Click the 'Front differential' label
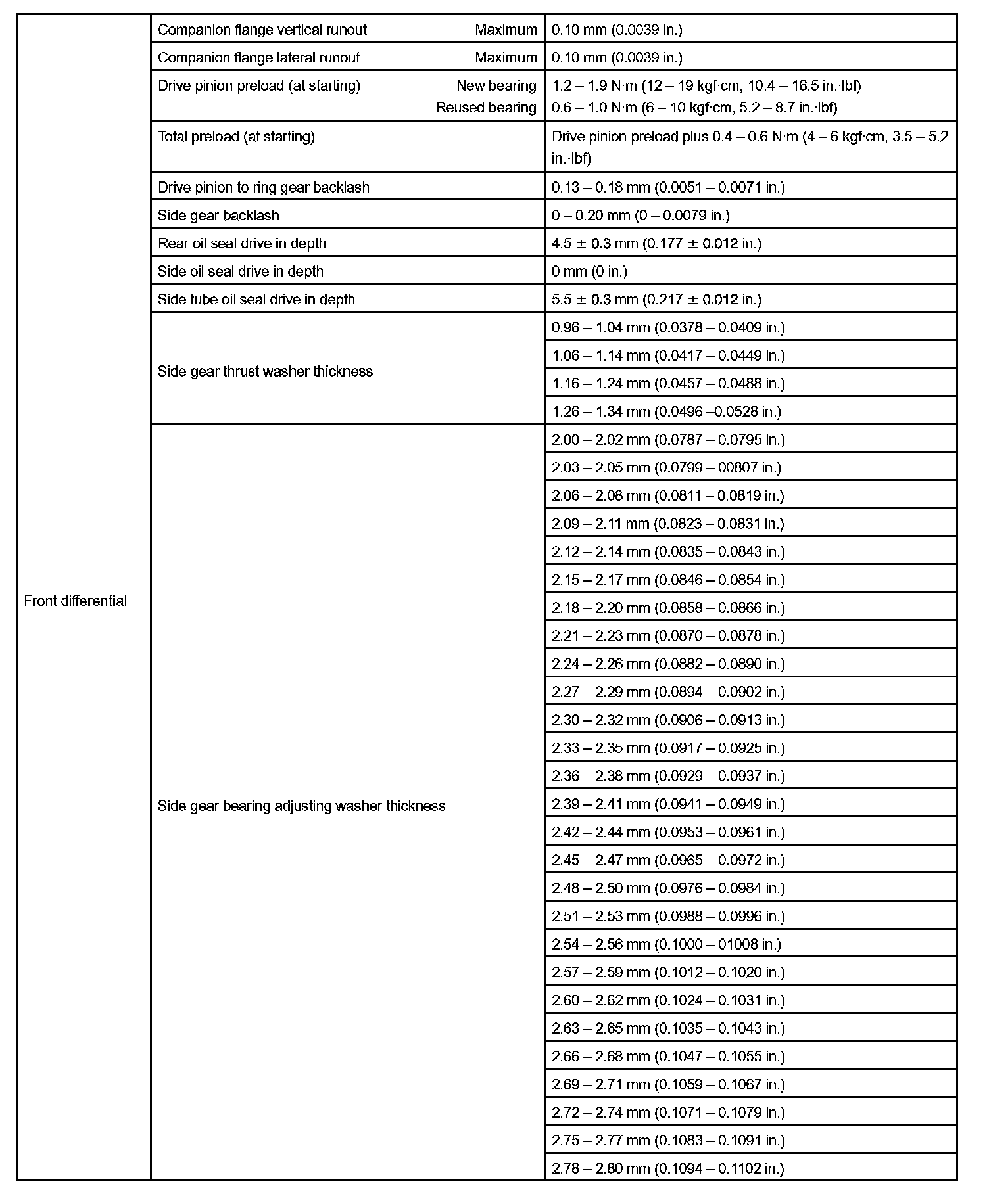point(75,601)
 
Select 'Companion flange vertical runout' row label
point(262,30)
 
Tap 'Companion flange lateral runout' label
point(258,58)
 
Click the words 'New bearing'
point(496,86)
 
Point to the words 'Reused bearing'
point(486,108)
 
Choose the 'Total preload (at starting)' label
point(236,137)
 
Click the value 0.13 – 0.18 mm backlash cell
point(668,187)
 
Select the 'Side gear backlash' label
point(218,216)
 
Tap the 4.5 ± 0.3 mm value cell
point(656,244)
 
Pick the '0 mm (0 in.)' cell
point(589,271)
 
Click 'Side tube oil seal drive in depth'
point(256,300)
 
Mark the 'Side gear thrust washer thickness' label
point(265,371)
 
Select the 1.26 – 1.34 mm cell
point(666,412)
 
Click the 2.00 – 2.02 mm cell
point(668,440)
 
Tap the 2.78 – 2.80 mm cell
point(668,1168)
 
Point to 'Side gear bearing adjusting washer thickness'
point(301,806)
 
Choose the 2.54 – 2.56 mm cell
point(666,944)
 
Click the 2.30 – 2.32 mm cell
point(668,720)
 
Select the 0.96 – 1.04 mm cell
point(668,328)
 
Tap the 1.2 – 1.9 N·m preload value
point(706,86)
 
